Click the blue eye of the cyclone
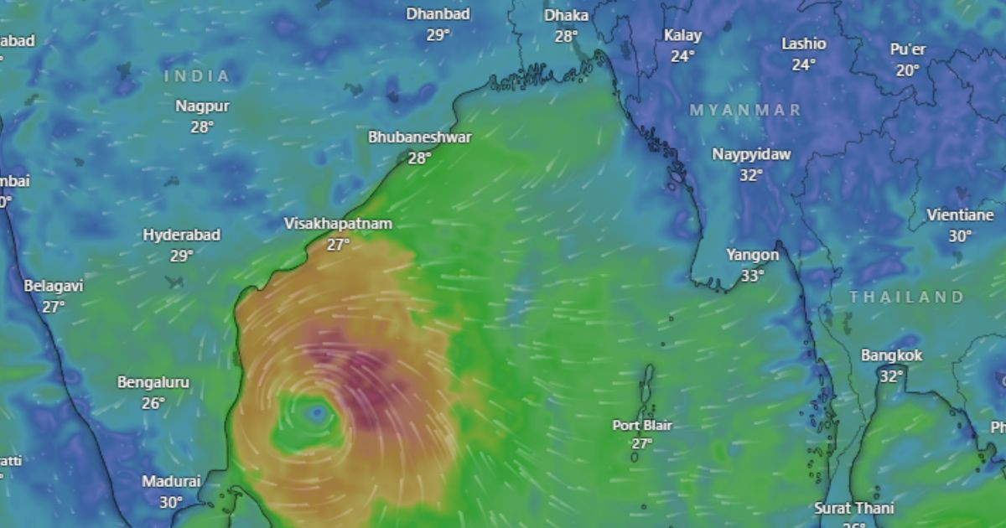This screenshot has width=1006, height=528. tap(316, 412)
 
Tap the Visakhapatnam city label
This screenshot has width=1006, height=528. tap(338, 224)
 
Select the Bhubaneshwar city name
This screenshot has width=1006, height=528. tap(420, 137)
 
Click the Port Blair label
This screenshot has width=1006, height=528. tap(642, 425)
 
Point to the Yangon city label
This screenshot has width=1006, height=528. tap(752, 255)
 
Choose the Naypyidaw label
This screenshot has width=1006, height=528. tap(751, 154)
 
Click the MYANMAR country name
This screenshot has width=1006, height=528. tap(745, 110)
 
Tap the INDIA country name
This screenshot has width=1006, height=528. tap(197, 76)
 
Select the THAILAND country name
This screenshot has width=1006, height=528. tap(906, 297)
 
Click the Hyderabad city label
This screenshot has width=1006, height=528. tap(181, 235)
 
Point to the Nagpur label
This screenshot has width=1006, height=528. tap(202, 106)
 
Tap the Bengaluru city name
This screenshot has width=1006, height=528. tap(153, 382)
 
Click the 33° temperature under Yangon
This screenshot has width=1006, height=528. tap(752, 276)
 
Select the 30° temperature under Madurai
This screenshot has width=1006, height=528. tap(171, 502)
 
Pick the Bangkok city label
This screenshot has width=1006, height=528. tap(891, 355)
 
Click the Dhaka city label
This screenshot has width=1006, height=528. tap(566, 15)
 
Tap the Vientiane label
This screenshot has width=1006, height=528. tap(960, 215)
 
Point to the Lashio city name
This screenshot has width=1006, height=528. tap(804, 44)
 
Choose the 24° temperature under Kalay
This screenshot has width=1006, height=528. tap(682, 56)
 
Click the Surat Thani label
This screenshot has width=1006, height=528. tap(854, 508)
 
